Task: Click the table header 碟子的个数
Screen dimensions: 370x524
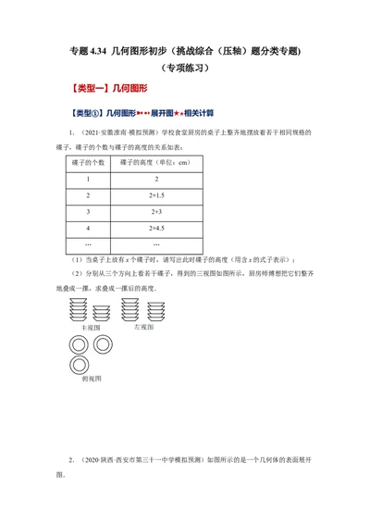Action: [86, 162]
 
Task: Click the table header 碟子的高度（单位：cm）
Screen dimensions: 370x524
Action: [156, 162]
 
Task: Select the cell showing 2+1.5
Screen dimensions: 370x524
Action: [156, 195]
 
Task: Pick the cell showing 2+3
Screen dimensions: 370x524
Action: [156, 211]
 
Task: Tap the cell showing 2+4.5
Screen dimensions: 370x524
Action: [156, 227]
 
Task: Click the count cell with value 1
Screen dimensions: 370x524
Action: [86, 179]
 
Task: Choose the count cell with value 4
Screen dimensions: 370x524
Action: [86, 227]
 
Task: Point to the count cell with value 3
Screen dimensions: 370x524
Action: [86, 211]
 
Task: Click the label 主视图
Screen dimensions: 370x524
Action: [90, 327]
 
